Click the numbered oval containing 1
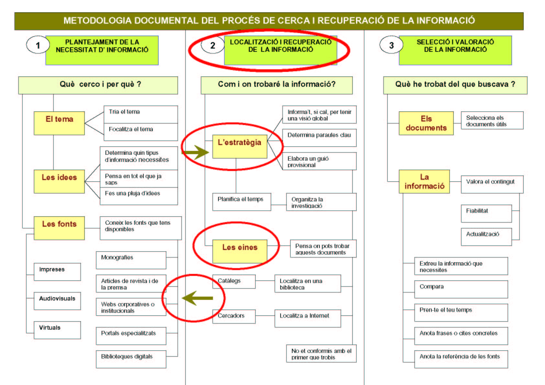(38, 45)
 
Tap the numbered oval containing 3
(391, 45)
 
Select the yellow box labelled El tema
(59, 123)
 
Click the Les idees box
(59, 182)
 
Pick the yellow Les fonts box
(59, 228)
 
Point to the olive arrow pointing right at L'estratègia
(195, 152)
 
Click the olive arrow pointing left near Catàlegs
(197, 298)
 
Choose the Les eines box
(240, 251)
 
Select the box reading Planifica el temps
(242, 202)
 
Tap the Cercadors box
(234, 316)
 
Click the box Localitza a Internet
(308, 318)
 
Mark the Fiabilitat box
(486, 213)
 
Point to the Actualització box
(486, 237)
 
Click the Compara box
(461, 289)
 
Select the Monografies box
(131, 260)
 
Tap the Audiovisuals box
(57, 301)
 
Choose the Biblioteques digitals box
(131, 359)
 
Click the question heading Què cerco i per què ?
(100, 84)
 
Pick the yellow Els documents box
(426, 123)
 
